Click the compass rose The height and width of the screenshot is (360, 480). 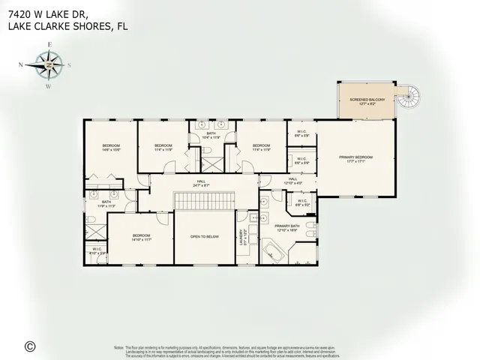(x=49, y=65)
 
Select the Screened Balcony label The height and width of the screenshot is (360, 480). (x=366, y=101)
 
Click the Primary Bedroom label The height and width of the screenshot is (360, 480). (x=355, y=158)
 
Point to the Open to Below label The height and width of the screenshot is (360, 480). (x=204, y=237)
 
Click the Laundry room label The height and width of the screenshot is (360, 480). (x=241, y=238)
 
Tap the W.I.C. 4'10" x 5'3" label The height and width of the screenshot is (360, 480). (x=96, y=252)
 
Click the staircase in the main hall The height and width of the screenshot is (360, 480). (x=205, y=200)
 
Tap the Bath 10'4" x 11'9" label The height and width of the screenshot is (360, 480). (x=211, y=136)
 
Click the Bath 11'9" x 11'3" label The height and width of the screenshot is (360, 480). (x=106, y=203)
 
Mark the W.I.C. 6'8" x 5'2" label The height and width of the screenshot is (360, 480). (x=302, y=202)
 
